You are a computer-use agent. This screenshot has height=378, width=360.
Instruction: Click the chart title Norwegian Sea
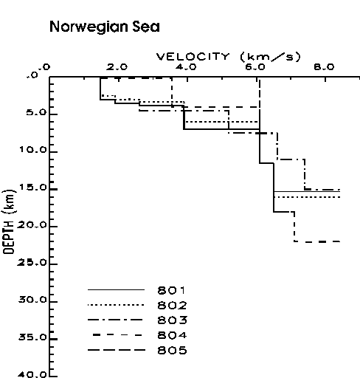click(105, 27)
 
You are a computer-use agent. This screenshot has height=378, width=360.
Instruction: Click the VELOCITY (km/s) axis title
click(229, 57)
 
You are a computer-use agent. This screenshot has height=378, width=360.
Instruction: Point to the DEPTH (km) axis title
click(9, 221)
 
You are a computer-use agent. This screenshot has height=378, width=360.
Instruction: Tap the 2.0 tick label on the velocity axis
click(117, 67)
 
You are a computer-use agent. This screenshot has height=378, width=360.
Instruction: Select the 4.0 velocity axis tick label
click(186, 67)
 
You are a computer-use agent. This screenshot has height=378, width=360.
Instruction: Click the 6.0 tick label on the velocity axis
click(255, 67)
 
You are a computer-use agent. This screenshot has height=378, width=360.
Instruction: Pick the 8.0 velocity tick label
click(324, 67)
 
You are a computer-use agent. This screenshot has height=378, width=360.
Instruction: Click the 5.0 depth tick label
click(36, 112)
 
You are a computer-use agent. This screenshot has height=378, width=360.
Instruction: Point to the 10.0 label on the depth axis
click(33, 150)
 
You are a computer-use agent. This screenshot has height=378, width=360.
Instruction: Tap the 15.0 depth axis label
click(33, 188)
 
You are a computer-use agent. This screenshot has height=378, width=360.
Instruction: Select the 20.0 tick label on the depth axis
click(32, 225)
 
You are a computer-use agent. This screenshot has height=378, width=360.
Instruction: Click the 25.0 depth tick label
click(32, 263)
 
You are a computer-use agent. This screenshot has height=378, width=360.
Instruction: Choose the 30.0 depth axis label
click(32, 300)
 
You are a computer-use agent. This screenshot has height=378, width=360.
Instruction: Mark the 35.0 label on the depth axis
click(32, 337)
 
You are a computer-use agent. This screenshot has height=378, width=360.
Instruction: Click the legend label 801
click(171, 291)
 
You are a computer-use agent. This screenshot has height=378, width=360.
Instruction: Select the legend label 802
click(172, 306)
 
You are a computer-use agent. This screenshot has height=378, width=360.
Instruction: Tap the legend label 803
click(173, 320)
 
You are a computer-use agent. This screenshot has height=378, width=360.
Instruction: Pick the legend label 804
click(172, 335)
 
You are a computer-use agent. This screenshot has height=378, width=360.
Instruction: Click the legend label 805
click(172, 350)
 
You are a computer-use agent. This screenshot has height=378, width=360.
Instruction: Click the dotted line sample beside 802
click(116, 305)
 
